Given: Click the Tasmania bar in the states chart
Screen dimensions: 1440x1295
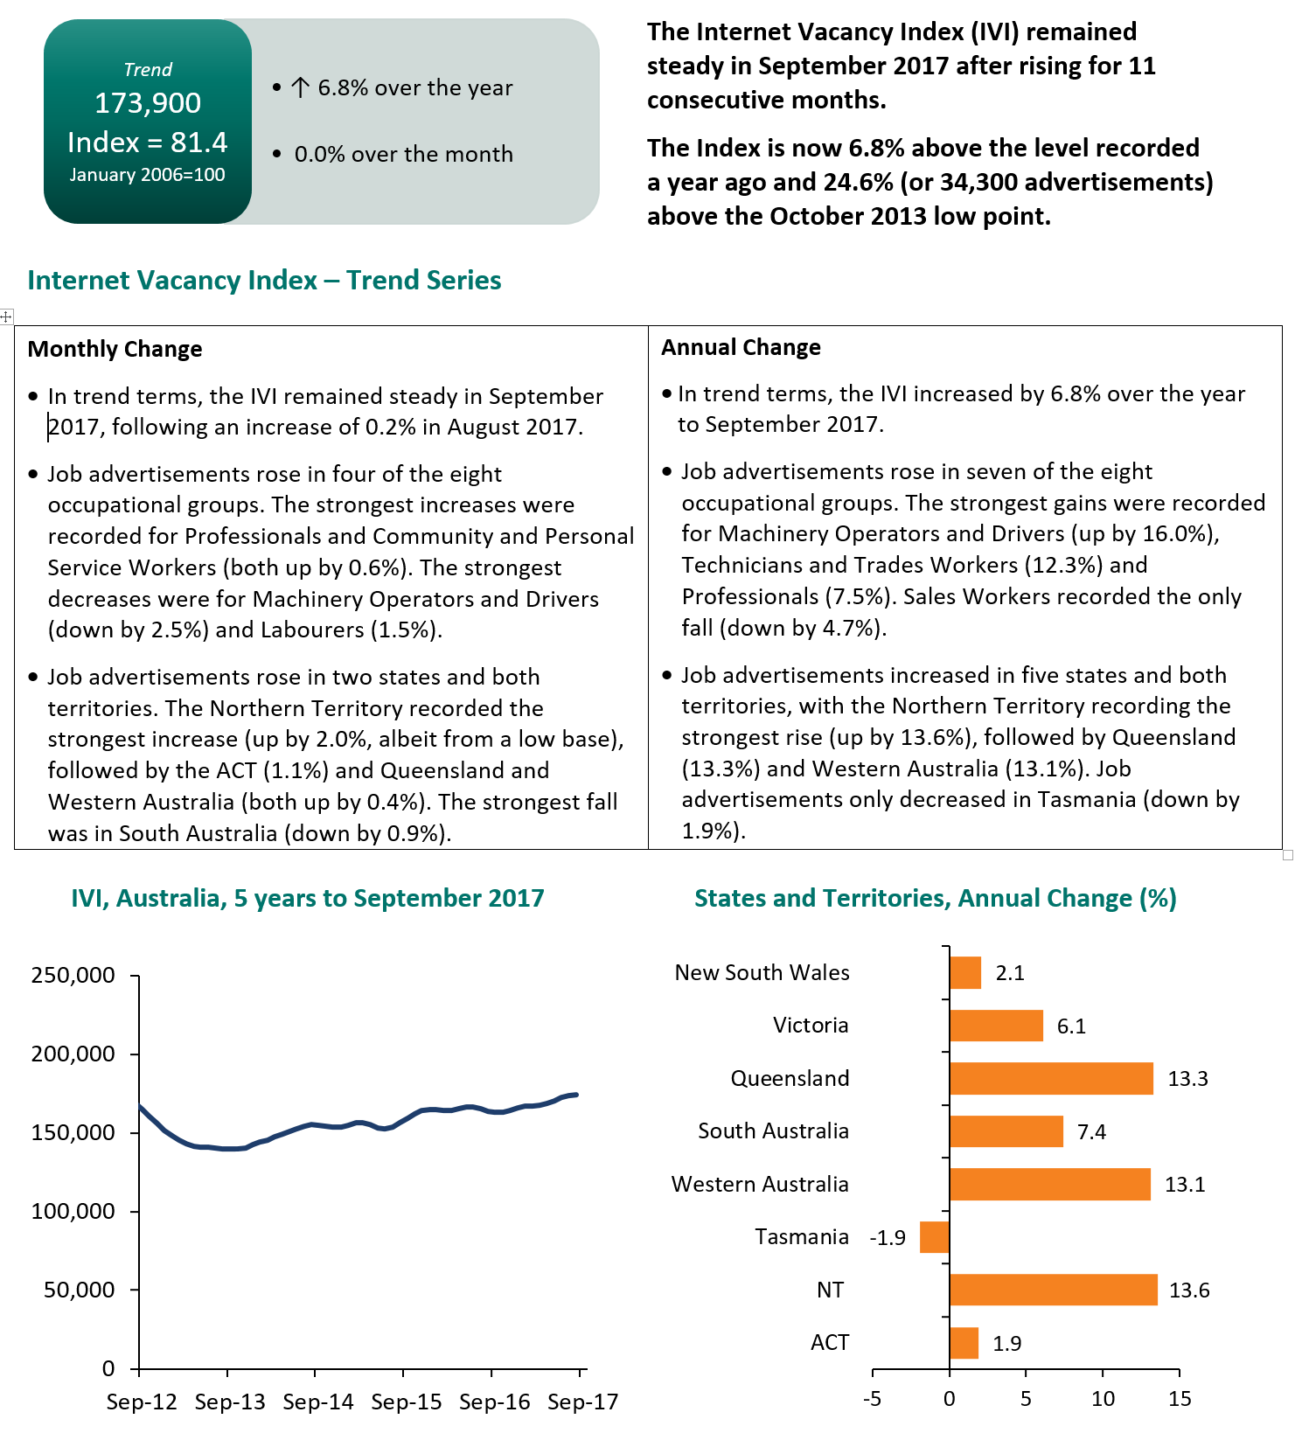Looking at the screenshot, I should tap(935, 1237).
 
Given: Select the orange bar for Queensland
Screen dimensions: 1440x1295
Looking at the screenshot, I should tap(1051, 1079).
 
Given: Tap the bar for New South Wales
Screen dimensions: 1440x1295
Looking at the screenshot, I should tap(965, 973).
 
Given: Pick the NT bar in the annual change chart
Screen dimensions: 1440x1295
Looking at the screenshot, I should tap(1054, 1290).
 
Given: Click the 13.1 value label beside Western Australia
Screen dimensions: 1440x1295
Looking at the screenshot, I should tap(1185, 1185).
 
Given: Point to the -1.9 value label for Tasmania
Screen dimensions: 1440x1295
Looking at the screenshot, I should tap(888, 1238).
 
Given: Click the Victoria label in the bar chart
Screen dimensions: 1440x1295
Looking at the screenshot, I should tap(811, 1026).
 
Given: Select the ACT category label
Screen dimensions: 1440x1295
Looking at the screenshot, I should tap(830, 1343).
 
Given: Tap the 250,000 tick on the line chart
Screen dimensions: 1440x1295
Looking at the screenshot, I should tap(73, 975).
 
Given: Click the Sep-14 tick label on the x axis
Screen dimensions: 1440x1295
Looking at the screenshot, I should tap(318, 1402).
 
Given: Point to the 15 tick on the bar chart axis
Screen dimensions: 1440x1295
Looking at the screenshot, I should tap(1180, 1399).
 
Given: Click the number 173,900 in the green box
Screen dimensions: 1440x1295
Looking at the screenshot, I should tap(148, 103).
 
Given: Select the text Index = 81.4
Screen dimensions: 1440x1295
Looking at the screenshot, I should tap(148, 143).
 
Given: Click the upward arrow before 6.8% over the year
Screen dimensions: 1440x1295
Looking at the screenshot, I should tap(300, 87).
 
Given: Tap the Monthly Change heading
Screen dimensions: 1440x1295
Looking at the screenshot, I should tap(115, 349).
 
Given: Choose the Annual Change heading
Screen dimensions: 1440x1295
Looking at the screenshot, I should tap(741, 347).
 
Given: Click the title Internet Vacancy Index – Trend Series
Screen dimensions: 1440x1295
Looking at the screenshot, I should tap(264, 280).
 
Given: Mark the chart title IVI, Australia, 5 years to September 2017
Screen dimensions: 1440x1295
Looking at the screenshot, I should tap(308, 898).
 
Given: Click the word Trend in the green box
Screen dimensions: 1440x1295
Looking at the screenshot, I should tap(148, 70).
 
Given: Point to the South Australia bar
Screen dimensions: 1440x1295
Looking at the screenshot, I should tap(1006, 1131).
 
